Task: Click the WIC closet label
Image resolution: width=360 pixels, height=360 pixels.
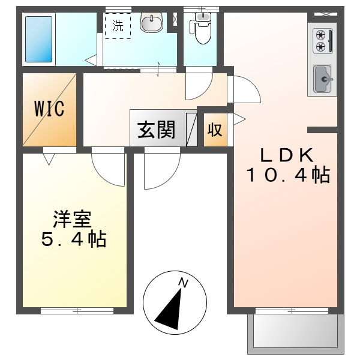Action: point(49,109)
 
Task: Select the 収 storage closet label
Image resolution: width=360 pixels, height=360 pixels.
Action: point(214,130)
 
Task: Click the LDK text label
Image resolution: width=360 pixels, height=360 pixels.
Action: point(286,155)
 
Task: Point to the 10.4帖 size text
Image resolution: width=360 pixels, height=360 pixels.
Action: point(287,175)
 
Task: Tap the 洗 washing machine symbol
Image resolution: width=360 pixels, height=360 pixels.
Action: point(117,26)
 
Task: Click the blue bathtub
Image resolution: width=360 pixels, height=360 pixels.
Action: point(39,39)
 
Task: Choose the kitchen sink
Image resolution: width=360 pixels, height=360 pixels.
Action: point(323,77)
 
